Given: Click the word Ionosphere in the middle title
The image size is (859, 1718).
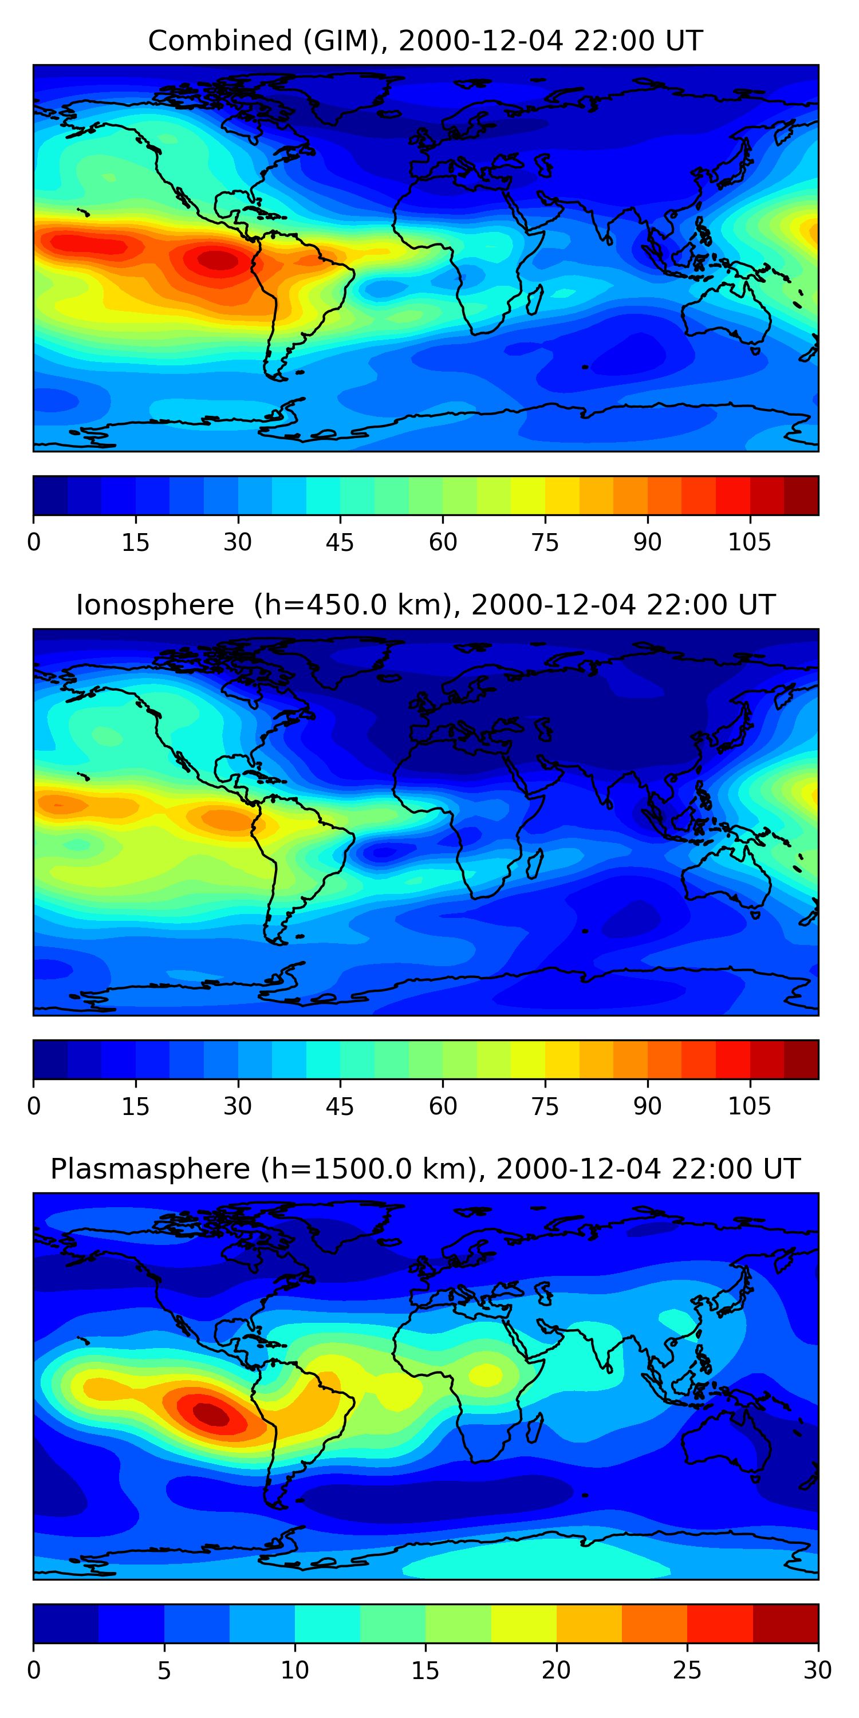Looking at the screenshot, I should click(x=155, y=605).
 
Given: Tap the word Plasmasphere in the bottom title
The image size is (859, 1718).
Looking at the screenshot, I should click(x=150, y=1169).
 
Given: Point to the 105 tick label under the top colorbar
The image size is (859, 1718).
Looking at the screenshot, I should click(x=750, y=543).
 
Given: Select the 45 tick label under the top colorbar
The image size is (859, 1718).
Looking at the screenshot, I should click(x=340, y=543).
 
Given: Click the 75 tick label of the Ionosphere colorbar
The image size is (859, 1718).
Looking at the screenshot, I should click(x=545, y=1106).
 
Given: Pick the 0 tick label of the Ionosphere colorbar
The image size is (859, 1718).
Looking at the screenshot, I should click(x=34, y=1106).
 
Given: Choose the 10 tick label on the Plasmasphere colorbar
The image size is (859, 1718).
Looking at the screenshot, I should click(x=295, y=1670).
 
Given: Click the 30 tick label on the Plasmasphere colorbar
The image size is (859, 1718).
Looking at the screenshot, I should click(x=818, y=1670).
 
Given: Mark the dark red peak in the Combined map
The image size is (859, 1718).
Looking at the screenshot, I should click(x=216, y=260).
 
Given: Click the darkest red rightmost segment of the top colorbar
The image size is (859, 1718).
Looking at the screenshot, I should click(x=801, y=495).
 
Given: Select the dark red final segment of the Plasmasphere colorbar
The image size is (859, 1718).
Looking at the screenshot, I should click(x=785, y=1624).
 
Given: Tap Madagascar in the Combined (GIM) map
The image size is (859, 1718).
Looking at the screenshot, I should click(x=535, y=300).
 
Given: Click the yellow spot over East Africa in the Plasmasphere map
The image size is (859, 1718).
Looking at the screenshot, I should click(x=486, y=1374).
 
